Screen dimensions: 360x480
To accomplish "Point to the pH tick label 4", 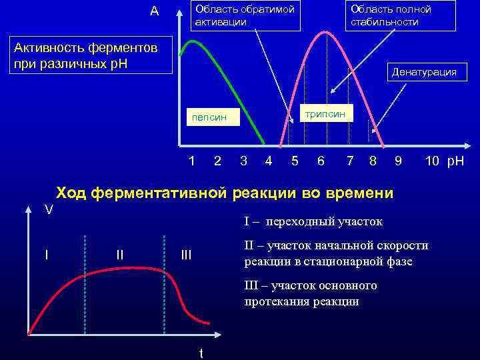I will click(268, 161).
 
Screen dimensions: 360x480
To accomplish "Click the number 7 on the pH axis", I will click(350, 161).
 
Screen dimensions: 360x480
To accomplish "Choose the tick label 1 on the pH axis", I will click(192, 161).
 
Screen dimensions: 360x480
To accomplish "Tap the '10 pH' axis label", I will click(445, 161).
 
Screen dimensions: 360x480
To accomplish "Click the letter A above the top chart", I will click(154, 11).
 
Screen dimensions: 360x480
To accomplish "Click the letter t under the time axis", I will click(201, 353).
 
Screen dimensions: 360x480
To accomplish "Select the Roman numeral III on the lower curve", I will click(186, 255).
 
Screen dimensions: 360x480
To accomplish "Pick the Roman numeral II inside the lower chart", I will click(119, 255).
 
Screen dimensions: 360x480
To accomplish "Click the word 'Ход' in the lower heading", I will click(71, 193).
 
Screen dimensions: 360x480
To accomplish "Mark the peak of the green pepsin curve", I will click(194, 41).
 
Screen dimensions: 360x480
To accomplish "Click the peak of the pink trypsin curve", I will click(327, 31).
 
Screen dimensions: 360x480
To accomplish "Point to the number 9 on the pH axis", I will click(398, 161).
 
